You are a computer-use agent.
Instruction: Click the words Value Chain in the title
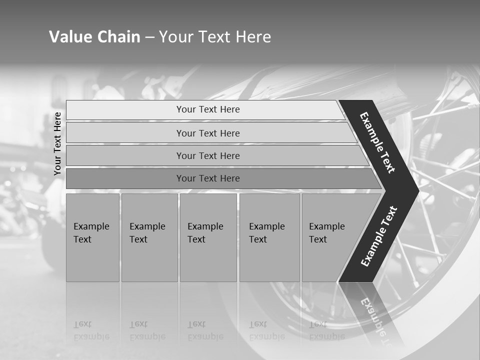click(94, 37)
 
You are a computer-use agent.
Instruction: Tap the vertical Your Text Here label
click(57, 143)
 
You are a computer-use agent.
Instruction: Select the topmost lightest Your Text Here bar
click(207, 109)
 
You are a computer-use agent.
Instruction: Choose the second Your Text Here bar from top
click(207, 133)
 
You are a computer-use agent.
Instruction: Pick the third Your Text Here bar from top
click(207, 156)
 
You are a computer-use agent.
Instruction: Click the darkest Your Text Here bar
click(207, 178)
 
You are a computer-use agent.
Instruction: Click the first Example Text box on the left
click(92, 237)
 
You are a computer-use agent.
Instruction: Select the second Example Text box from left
click(149, 237)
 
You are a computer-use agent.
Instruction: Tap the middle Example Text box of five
click(208, 237)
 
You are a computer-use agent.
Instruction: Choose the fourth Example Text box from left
click(269, 237)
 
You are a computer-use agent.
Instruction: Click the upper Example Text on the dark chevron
click(377, 142)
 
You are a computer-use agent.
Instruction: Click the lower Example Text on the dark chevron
click(379, 236)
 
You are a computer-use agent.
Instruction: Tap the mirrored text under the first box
click(91, 330)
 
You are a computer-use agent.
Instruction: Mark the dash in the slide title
click(149, 37)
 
